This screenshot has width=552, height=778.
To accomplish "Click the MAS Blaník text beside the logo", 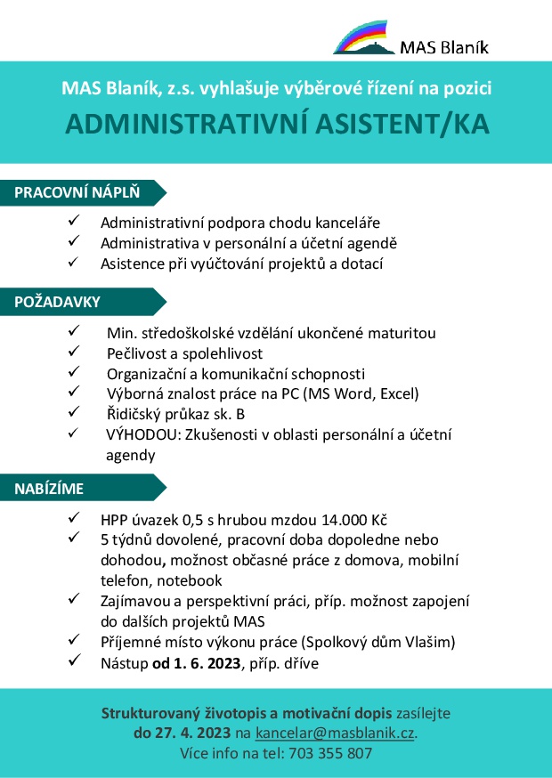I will point(445,47).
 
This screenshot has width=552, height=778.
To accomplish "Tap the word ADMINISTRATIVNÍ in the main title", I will point(175,125).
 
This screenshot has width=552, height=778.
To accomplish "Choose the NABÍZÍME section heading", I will point(50,488).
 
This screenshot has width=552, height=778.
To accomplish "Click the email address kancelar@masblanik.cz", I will point(335,733).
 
